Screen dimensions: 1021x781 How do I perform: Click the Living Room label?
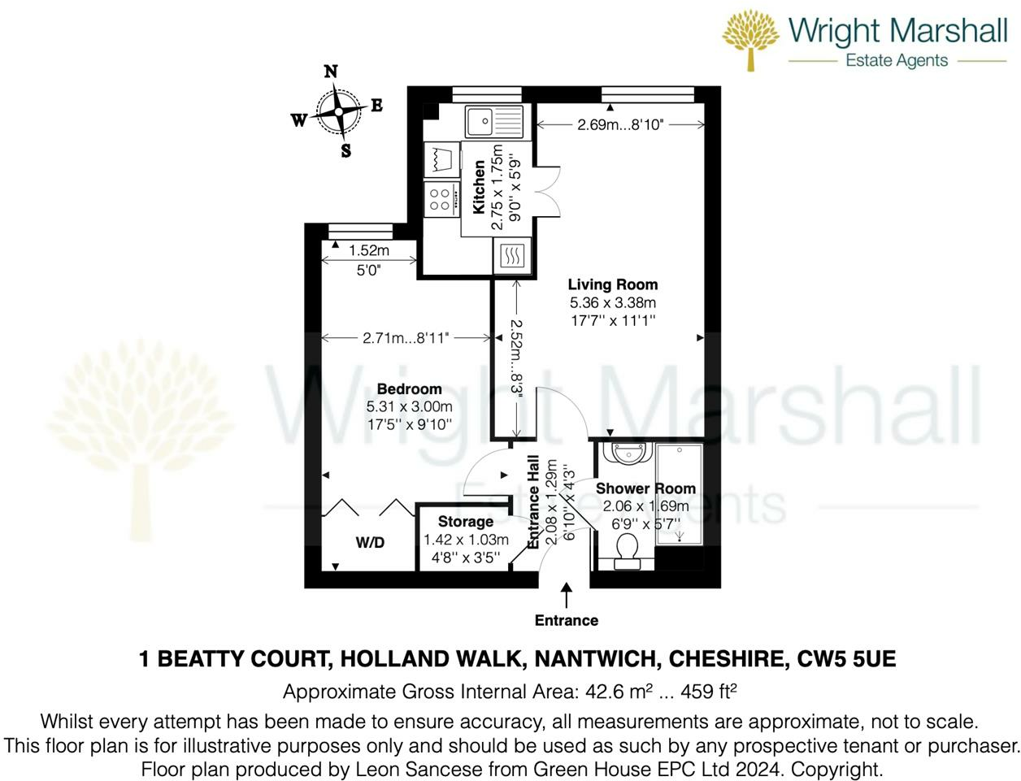coord(613,284)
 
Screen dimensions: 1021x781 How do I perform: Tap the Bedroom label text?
coord(409,388)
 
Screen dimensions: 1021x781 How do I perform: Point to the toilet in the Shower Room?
coord(627,551)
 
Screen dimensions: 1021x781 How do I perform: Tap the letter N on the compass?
coord(330,72)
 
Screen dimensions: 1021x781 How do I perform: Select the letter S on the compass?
coord(345,150)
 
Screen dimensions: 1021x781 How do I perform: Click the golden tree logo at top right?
coord(750,41)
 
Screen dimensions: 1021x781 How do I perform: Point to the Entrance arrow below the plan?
coord(566,596)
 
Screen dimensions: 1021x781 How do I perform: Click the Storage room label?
coord(466,522)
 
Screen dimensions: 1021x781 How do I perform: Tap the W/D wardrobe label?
coord(370,543)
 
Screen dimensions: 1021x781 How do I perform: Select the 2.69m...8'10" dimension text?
coord(620,124)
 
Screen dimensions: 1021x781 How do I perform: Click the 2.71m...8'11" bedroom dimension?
coord(406,338)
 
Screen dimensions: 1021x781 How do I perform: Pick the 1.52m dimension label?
coord(369,250)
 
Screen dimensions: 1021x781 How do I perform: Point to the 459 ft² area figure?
coord(709,692)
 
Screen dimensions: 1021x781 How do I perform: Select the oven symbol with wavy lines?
coord(511,255)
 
